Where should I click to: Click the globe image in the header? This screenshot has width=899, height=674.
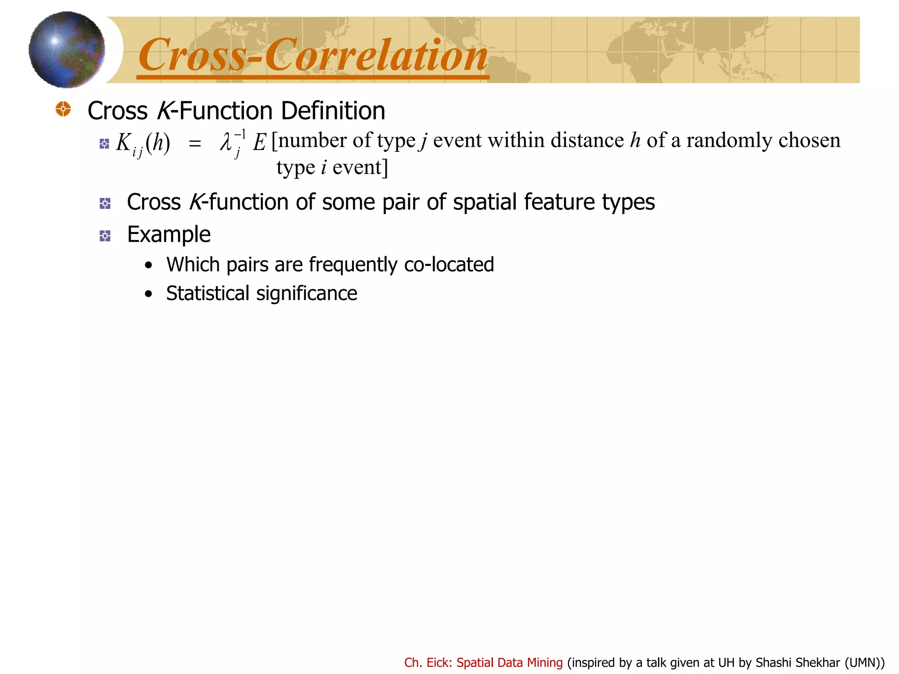tap(67, 50)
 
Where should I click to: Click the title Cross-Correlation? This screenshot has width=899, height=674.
tap(313, 55)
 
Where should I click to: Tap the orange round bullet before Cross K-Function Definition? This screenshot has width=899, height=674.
tap(63, 109)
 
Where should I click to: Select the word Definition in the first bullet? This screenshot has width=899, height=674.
tap(333, 111)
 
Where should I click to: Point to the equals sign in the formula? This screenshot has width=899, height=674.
tap(194, 143)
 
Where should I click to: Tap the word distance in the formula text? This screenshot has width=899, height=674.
tap(587, 140)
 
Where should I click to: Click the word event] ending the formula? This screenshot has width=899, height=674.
tap(360, 168)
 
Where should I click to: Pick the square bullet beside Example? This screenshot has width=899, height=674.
tap(105, 236)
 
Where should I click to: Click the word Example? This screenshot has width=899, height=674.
tap(169, 234)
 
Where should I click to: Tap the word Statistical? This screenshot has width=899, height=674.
tap(208, 293)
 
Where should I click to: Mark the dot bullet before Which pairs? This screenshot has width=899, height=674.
tap(149, 265)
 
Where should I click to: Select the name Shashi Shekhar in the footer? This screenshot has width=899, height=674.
tap(798, 663)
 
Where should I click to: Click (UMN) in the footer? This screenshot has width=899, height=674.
tap(863, 663)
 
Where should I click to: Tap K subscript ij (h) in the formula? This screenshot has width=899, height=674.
tap(143, 143)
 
